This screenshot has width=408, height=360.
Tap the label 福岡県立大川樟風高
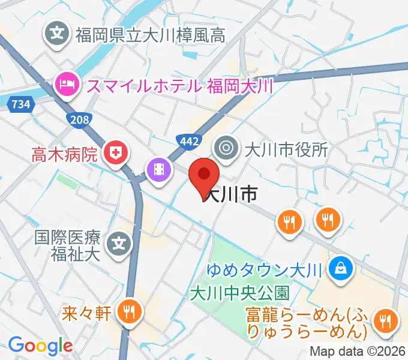click(150, 36)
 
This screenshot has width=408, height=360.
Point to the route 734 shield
click(21, 104)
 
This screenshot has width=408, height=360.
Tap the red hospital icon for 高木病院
click(114, 155)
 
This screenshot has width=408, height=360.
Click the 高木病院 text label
click(64, 155)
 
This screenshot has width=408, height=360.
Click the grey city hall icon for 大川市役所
click(227, 148)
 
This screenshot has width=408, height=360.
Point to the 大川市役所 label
click(286, 148)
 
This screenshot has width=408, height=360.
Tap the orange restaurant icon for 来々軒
click(128, 311)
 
